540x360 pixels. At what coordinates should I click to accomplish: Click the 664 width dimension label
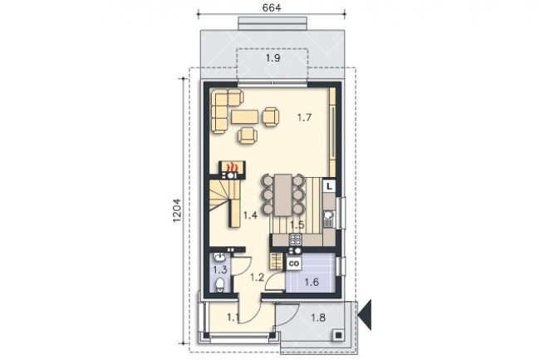tap(272, 7)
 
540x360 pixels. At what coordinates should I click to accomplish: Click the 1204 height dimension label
tap(177, 210)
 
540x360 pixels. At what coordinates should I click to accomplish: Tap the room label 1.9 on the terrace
tap(272, 58)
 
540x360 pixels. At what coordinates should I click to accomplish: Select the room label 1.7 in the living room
tap(304, 118)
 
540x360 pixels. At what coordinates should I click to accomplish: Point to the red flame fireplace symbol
tap(232, 167)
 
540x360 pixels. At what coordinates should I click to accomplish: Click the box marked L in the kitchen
tap(330, 186)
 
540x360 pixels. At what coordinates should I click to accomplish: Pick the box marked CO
tap(294, 264)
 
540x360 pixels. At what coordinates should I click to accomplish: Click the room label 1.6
tap(312, 283)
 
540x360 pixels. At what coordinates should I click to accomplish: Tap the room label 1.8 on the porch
tap(318, 318)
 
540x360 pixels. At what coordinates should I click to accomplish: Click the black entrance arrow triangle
tap(366, 314)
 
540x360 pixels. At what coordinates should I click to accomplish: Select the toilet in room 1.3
tap(219, 285)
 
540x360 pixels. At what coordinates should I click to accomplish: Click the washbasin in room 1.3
tap(219, 257)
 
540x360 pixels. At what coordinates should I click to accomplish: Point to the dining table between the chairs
tap(283, 195)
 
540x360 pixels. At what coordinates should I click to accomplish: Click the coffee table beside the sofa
tap(245, 116)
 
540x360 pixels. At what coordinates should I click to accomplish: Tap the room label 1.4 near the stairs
tap(250, 215)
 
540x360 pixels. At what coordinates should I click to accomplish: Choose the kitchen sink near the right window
tap(329, 219)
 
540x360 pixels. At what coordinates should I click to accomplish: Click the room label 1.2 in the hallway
tap(257, 277)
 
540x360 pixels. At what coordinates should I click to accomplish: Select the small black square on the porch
tap(338, 335)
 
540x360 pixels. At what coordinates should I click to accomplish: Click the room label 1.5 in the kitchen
tap(297, 225)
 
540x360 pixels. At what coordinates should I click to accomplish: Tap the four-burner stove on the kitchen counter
tap(296, 239)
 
